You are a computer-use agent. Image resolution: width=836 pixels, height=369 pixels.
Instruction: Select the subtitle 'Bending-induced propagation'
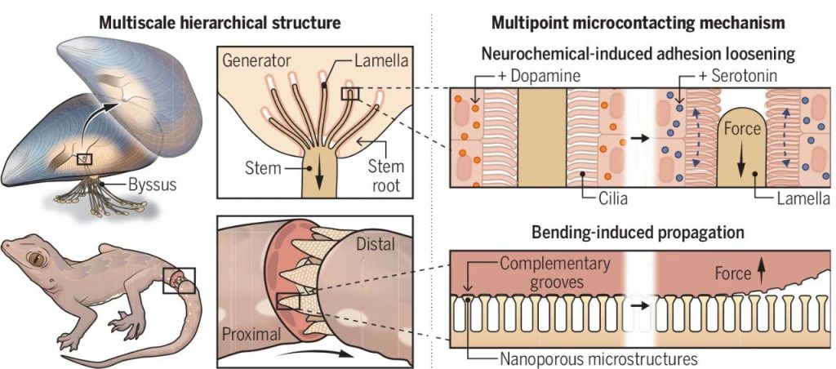pyautogui.click(x=637, y=233)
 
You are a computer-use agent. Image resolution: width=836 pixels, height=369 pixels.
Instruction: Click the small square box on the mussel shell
pyautogui.click(x=84, y=158)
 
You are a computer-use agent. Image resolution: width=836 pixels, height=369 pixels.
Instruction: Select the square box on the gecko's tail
pyautogui.click(x=179, y=280)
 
